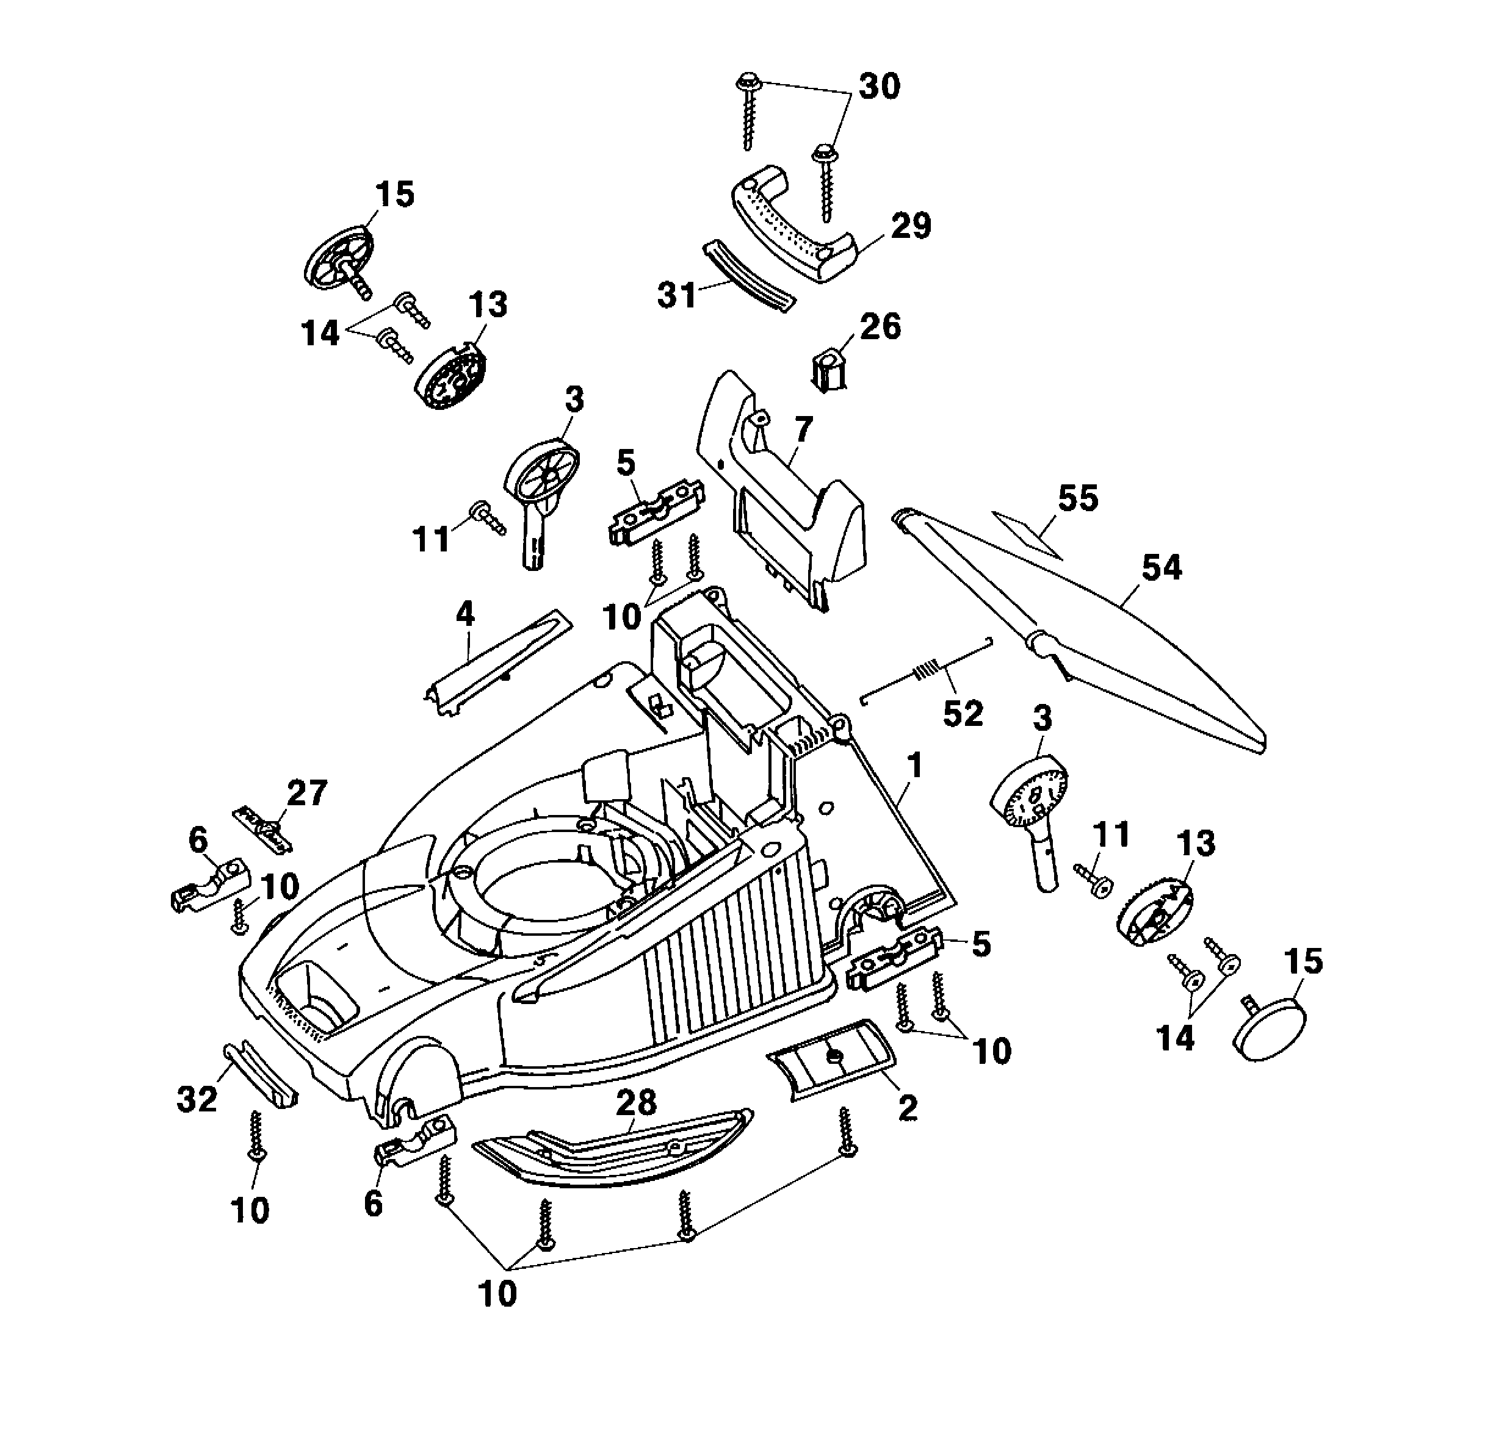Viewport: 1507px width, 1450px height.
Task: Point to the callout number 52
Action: click(x=963, y=714)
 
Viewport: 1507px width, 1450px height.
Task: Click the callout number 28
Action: click(x=636, y=1104)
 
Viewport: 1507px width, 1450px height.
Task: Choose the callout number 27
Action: click(x=307, y=794)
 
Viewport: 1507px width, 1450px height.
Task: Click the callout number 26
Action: click(x=880, y=326)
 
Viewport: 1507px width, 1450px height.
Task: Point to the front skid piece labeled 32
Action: click(x=260, y=1074)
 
